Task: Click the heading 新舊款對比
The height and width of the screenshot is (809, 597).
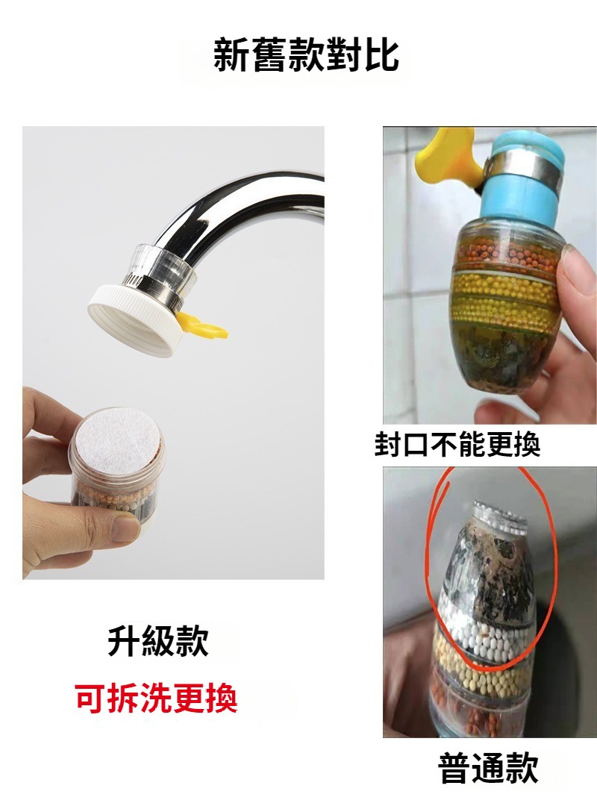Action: coord(306,54)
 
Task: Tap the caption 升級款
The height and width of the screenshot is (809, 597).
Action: coord(158,641)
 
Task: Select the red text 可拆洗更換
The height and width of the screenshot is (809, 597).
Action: coord(157,698)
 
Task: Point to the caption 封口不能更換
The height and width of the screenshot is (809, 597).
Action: coord(457,444)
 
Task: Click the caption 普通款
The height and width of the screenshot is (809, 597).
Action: coord(487,768)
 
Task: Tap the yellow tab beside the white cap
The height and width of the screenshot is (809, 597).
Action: coord(202,325)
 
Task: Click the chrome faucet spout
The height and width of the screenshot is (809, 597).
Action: coord(243,216)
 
